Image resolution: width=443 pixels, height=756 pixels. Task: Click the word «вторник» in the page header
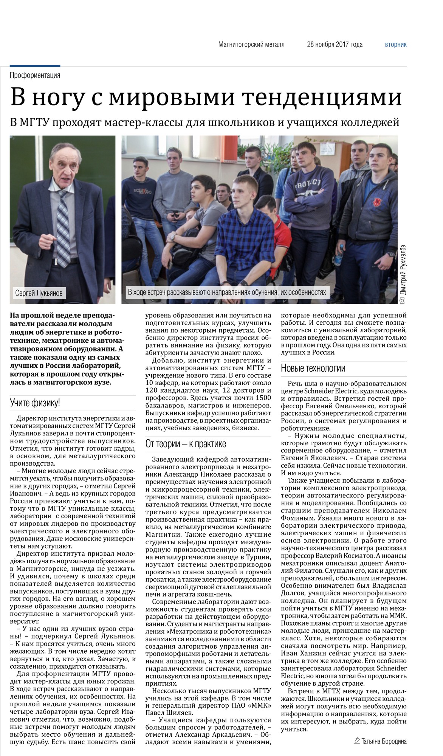point(396,45)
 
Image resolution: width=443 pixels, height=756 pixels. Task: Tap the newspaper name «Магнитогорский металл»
point(251,45)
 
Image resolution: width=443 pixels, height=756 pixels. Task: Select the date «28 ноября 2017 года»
point(335,45)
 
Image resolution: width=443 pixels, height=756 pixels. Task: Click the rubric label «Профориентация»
point(35,75)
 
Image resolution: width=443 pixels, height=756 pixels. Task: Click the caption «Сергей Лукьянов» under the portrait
point(39,293)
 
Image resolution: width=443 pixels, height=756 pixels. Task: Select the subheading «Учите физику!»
point(35,403)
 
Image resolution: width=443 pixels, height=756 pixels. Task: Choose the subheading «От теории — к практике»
point(186,444)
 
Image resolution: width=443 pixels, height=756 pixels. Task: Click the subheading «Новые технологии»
point(313,368)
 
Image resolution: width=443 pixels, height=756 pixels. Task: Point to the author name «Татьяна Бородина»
point(384,741)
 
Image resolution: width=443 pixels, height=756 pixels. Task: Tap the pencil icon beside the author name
point(356,741)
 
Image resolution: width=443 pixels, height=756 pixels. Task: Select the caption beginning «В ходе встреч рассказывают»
point(227,292)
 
